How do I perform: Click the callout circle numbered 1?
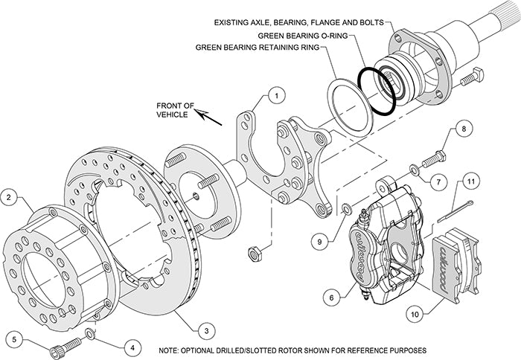[275, 95]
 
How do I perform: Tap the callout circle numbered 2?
[9, 198]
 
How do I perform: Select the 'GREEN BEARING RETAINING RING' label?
[257, 46]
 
